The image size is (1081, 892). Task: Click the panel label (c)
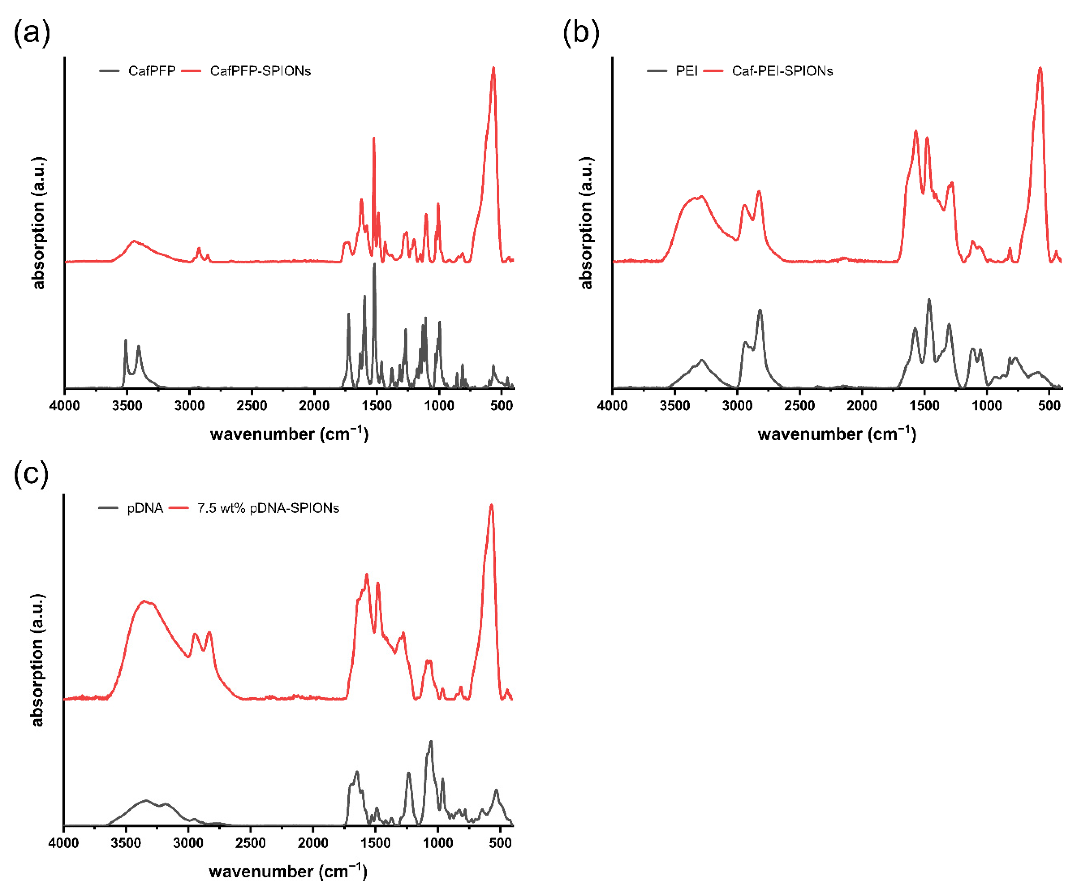31,473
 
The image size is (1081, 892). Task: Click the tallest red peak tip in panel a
493,68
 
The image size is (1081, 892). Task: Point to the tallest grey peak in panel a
374,264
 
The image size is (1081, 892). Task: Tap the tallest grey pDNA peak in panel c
431,742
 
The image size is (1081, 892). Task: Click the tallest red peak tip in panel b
1040,68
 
